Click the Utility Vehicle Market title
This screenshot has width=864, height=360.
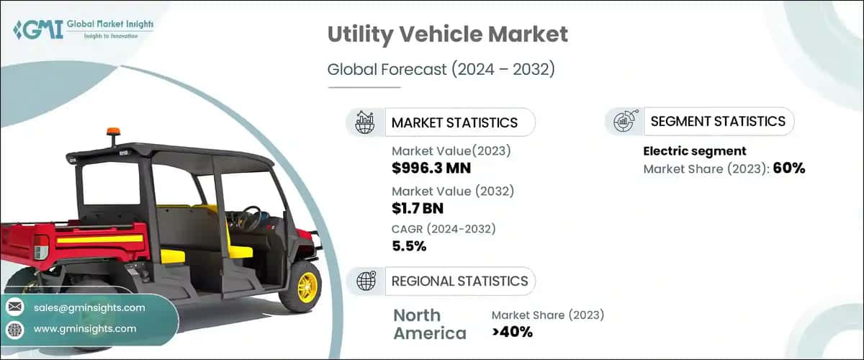[447, 34]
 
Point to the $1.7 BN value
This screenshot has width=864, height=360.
[418, 209]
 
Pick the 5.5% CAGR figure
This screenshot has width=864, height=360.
[409, 246]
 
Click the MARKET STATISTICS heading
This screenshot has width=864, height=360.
[454, 122]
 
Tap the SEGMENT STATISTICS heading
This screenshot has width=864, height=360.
[717, 121]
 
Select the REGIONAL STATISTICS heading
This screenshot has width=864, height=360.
[459, 281]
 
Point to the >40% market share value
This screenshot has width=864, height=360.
[512, 332]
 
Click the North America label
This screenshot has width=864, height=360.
[430, 324]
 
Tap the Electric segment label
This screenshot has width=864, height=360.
[694, 151]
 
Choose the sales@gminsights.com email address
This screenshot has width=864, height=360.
[89, 307]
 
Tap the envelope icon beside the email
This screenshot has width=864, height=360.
[15, 307]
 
